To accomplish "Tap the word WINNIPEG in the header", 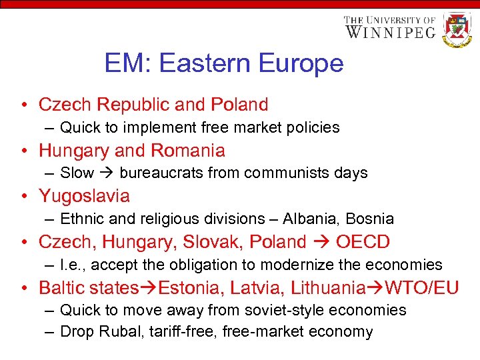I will coord(390,31).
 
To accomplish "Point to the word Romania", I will coord(189,150).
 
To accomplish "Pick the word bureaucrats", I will coord(161,173).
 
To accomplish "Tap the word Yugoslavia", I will coord(84,196).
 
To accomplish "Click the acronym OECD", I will coord(363,242).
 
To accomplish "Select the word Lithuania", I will coord(326,288).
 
